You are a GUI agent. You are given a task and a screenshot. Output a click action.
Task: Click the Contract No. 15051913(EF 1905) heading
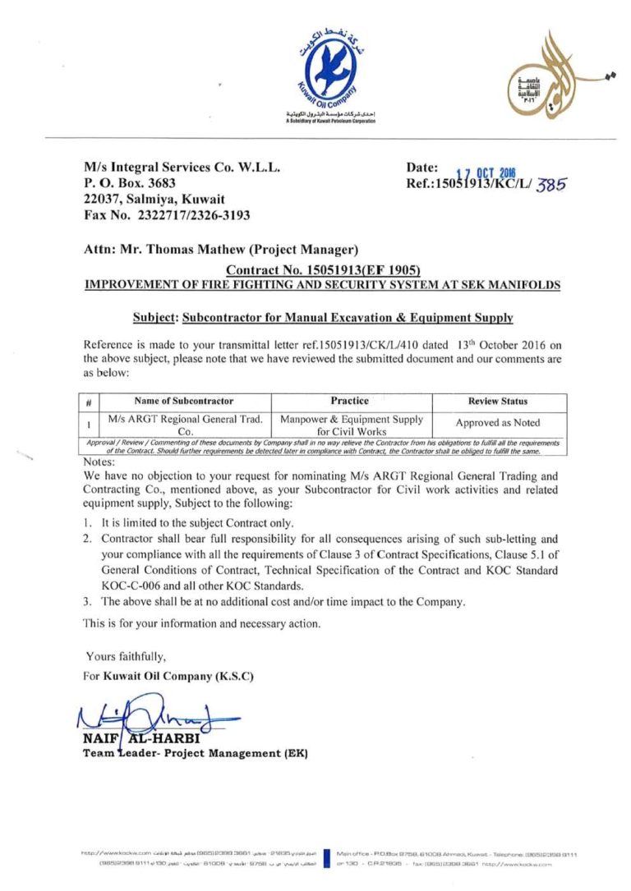[323, 270]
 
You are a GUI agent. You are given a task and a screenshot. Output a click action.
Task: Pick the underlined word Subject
[154, 317]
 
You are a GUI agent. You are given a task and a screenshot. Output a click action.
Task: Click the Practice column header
[349, 401]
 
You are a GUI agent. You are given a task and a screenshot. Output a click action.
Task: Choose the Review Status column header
[498, 402]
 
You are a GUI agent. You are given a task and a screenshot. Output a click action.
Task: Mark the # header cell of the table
[88, 402]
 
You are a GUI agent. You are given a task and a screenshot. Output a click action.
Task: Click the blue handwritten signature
[152, 716]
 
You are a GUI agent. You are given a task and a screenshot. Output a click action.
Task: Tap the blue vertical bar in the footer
[327, 859]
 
